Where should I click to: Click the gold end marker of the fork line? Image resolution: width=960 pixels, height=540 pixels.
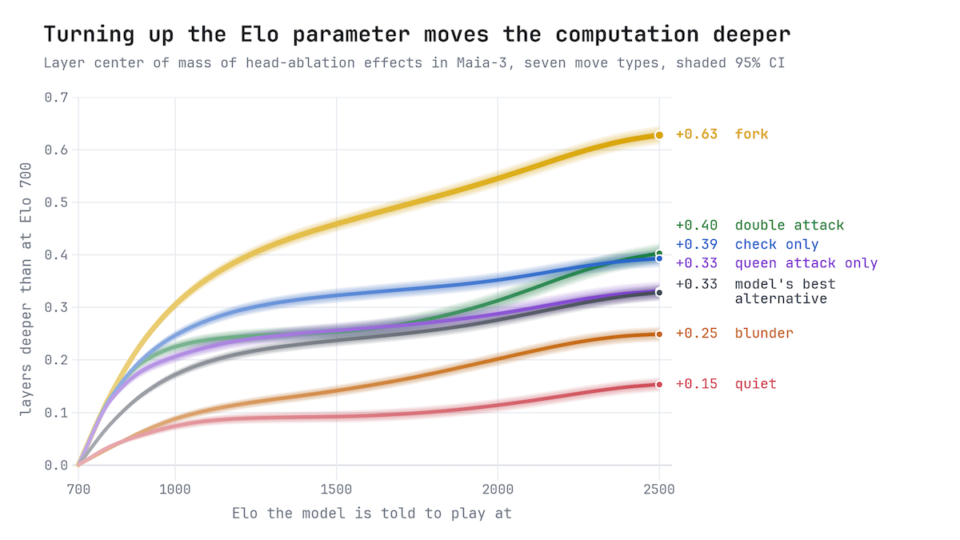pos(659,135)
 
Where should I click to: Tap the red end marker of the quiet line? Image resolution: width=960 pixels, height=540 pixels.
pos(659,385)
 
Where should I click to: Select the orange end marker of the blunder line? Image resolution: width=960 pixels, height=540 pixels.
pos(659,334)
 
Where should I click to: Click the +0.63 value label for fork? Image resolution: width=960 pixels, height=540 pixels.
pos(697,134)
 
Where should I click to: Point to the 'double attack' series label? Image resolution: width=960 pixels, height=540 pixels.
pos(790,226)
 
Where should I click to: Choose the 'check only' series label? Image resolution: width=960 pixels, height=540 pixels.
pos(777,244)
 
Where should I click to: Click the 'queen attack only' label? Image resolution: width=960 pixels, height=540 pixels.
pos(806,263)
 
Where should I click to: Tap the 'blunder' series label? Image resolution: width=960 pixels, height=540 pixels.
pos(764,334)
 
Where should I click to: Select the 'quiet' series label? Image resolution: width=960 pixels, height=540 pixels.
pos(755,384)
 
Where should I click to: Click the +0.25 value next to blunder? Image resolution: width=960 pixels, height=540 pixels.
pos(697,334)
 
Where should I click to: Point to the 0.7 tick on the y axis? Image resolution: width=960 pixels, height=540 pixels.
pos(56,98)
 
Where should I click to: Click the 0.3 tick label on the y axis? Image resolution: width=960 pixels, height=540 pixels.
pos(56,307)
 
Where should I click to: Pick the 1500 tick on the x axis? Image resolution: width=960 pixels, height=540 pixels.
pos(337,489)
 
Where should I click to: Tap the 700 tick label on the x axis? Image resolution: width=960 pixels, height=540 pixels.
pos(78,489)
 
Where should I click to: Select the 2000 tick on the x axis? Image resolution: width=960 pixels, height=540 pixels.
pos(498,489)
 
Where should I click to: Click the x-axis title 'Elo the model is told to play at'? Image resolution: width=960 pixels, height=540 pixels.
pos(372,514)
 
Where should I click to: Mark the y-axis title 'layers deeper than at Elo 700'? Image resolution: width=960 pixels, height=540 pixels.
pos(26,289)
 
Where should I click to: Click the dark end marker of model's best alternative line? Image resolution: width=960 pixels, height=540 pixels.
pos(659,293)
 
